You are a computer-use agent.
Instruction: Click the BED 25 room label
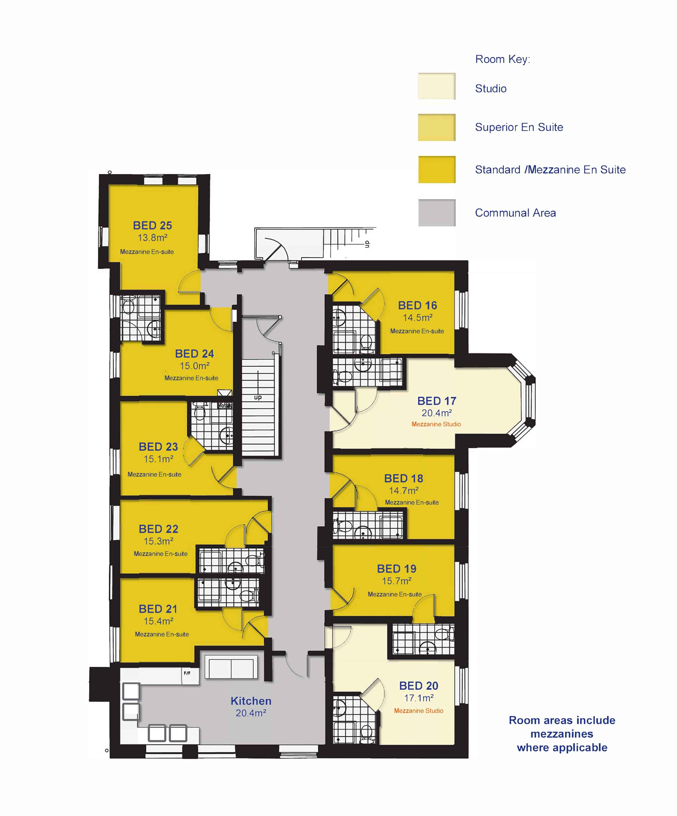(x=152, y=225)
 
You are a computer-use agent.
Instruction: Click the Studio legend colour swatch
(x=437, y=86)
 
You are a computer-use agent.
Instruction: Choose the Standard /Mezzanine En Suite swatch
(x=437, y=169)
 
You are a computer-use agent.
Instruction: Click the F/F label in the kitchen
(x=187, y=673)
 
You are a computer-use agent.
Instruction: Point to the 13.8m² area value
(x=152, y=238)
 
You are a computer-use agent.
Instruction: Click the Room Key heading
(x=502, y=59)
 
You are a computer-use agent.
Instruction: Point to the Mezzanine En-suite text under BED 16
(x=417, y=331)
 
